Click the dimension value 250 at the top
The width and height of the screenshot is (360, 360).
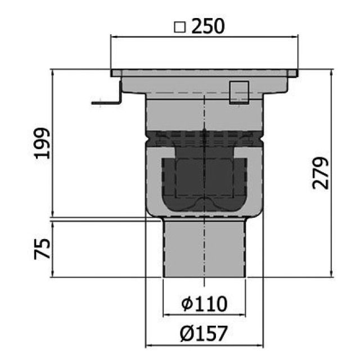point(209,26)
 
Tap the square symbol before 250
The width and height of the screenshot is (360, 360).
point(180,27)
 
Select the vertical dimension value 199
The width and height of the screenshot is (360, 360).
point(43,143)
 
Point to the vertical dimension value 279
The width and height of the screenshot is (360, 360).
point(321,174)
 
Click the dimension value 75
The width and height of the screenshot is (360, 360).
point(43,248)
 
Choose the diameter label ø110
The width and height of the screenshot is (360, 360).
point(204,304)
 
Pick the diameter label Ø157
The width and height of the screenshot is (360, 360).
point(204,334)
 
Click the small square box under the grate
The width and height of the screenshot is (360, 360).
point(239,92)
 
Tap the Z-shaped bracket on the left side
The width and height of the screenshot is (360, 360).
point(112,96)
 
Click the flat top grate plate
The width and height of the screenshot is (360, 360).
point(204,73)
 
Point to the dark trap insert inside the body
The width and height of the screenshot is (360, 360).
point(204,180)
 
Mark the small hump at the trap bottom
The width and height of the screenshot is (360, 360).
point(204,203)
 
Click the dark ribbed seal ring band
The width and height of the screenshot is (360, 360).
point(204,138)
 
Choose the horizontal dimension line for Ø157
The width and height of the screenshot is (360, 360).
point(204,345)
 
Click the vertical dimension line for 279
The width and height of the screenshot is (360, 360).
point(331,225)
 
